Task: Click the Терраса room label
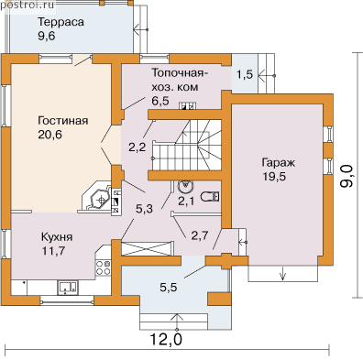click(x=60, y=22)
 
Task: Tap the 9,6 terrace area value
click(x=47, y=36)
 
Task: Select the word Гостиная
click(x=63, y=121)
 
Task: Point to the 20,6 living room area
click(x=50, y=135)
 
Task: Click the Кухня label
click(x=57, y=237)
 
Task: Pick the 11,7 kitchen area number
click(x=53, y=251)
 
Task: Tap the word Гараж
click(x=278, y=163)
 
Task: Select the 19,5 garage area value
click(x=274, y=176)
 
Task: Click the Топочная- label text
click(x=180, y=73)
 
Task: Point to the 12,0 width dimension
click(x=166, y=339)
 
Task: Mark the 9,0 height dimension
click(x=346, y=175)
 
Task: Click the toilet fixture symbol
click(x=210, y=196)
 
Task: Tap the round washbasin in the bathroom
click(x=185, y=185)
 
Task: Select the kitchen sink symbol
click(x=68, y=288)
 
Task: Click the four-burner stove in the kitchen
click(x=104, y=267)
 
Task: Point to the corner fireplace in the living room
click(x=97, y=197)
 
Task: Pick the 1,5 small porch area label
click(x=245, y=74)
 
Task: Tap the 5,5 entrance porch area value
click(x=169, y=288)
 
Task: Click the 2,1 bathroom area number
click(x=186, y=202)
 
